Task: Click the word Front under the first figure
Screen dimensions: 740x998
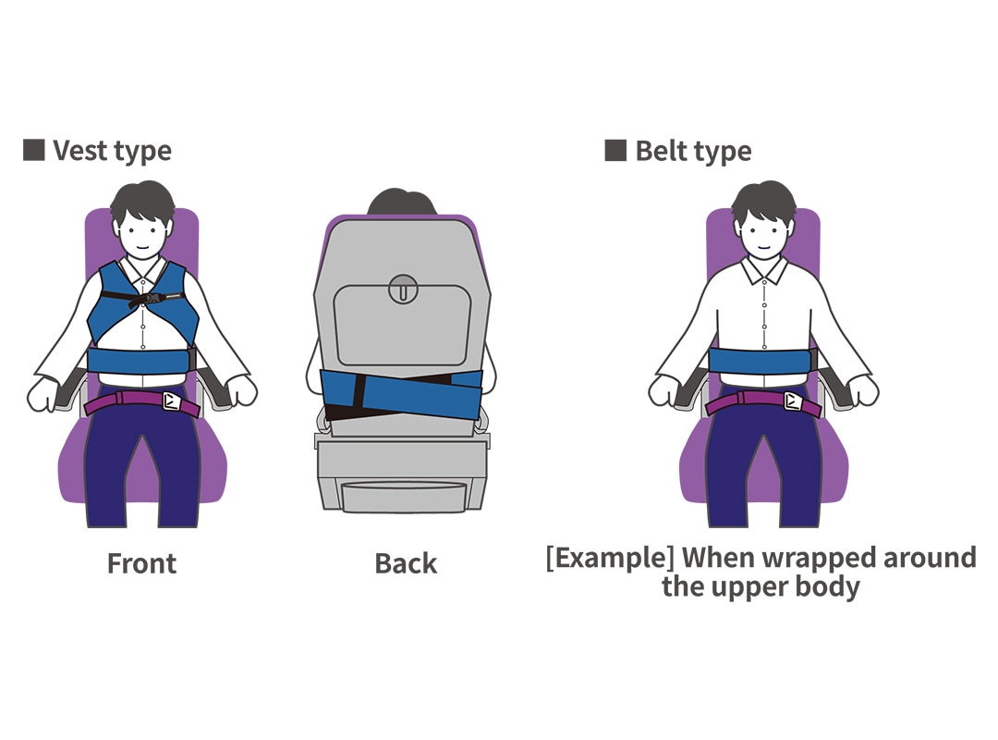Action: coord(141,563)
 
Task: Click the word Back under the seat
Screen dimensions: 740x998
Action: coord(406,563)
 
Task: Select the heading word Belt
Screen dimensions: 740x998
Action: coord(664,151)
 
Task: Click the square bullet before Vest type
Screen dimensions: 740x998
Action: coord(33,150)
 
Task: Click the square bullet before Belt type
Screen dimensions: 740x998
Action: coord(615,150)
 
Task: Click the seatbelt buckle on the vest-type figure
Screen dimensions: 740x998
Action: coord(173,401)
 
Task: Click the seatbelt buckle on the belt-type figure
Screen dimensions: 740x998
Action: coord(794,401)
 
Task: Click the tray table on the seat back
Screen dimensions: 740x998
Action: coord(402,324)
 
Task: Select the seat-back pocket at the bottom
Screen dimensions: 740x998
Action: coord(402,494)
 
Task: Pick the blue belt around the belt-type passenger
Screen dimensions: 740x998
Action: coord(763,363)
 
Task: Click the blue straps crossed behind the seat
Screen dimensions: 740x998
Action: coord(400,393)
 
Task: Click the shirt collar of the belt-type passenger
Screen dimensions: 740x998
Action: coord(763,269)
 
